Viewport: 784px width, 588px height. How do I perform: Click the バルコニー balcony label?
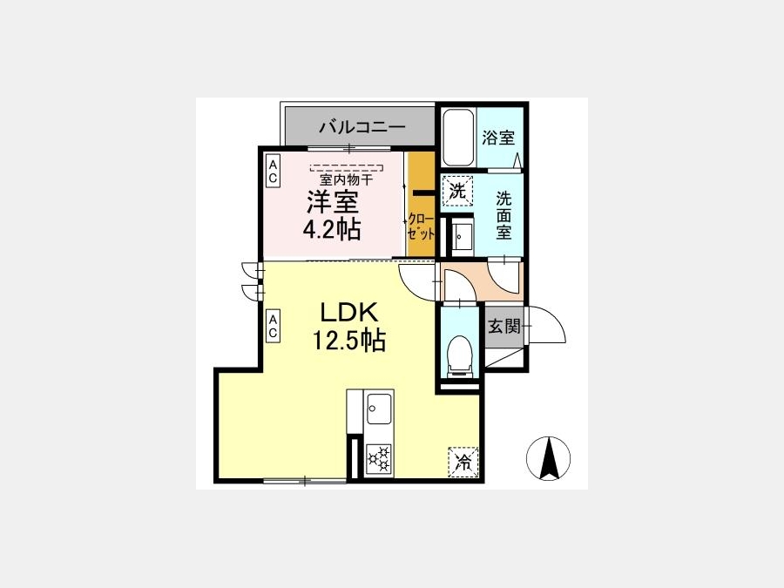(x=362, y=127)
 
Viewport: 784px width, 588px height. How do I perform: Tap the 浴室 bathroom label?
(x=498, y=138)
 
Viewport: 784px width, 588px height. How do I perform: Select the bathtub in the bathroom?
(x=458, y=138)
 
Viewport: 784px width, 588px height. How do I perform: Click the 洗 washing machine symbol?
(x=457, y=191)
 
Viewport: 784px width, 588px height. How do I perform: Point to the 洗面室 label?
(x=504, y=215)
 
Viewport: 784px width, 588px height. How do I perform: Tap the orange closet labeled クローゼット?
(x=421, y=205)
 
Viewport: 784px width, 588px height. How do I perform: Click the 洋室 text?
(x=333, y=201)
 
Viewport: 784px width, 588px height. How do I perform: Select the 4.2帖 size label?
(x=332, y=229)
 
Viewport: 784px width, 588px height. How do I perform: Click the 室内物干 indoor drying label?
(x=346, y=179)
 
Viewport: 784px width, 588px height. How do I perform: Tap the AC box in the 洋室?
(x=273, y=171)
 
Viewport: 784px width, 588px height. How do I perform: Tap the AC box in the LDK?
(x=273, y=326)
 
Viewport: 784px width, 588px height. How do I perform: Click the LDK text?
(x=348, y=313)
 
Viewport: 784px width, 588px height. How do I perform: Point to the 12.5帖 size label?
(x=349, y=341)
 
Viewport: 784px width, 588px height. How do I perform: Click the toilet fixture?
(x=459, y=356)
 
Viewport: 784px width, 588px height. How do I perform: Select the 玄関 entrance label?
(x=504, y=327)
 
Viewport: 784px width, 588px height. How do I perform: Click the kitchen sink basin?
(x=380, y=408)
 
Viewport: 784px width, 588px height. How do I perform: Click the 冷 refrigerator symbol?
(x=463, y=462)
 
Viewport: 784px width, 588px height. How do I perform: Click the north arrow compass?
(x=549, y=458)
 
